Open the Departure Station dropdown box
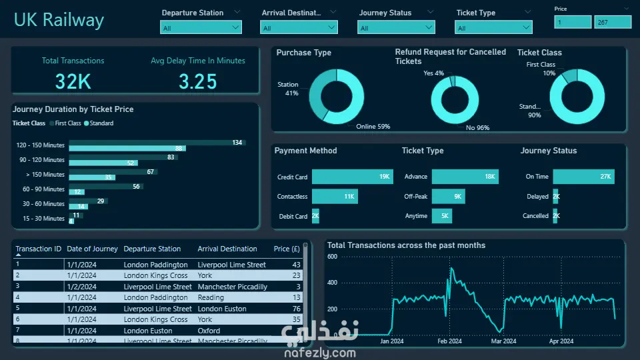201,27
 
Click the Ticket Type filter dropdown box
494,27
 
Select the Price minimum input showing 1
572,22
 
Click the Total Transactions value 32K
73,81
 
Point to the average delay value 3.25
197,81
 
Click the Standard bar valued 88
127,149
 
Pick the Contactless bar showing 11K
334,197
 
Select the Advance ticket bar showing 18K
464,177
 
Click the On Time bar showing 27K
583,177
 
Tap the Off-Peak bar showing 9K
448,197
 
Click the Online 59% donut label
373,127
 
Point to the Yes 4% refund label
434,73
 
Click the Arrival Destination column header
227,249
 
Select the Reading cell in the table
211,297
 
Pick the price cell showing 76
297,309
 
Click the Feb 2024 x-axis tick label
449,341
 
